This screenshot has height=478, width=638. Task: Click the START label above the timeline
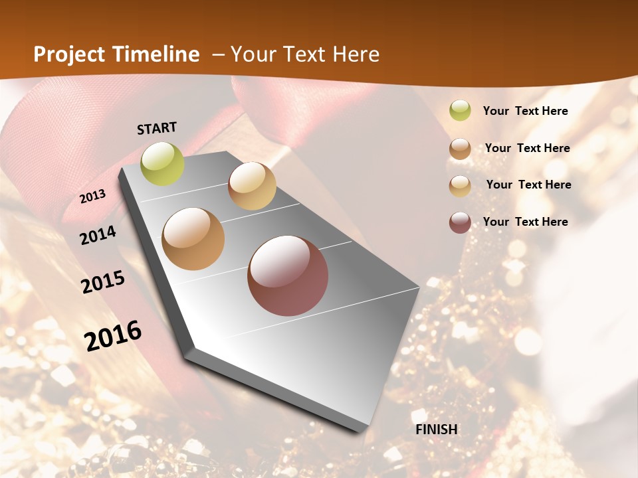click(x=157, y=128)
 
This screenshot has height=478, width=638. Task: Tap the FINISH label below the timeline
click(x=437, y=430)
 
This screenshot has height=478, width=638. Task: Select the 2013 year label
click(x=93, y=197)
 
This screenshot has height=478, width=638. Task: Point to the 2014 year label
click(x=98, y=235)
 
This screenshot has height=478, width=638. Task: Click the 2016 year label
click(x=113, y=336)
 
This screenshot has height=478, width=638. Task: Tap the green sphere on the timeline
click(x=163, y=163)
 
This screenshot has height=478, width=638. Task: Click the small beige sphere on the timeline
click(x=252, y=186)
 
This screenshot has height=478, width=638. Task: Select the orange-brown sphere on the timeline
click(x=193, y=239)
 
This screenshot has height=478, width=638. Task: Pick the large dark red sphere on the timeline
click(x=288, y=276)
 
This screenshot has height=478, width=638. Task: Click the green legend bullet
click(x=460, y=111)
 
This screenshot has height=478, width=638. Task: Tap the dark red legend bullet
click(x=460, y=222)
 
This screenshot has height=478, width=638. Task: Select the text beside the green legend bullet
click(x=525, y=112)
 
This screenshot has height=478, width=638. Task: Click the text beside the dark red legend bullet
click(x=525, y=222)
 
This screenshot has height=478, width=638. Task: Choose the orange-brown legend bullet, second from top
click(x=460, y=149)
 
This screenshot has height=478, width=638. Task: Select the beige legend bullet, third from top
click(x=460, y=186)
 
